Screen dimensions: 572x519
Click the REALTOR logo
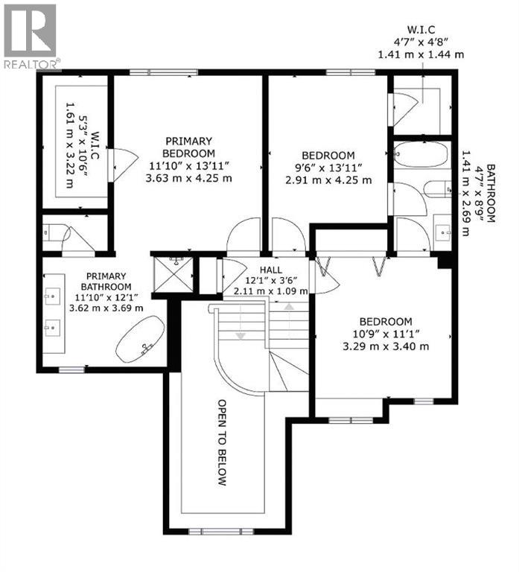[x=31, y=35]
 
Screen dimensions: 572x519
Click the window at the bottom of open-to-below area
[x=216, y=531]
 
